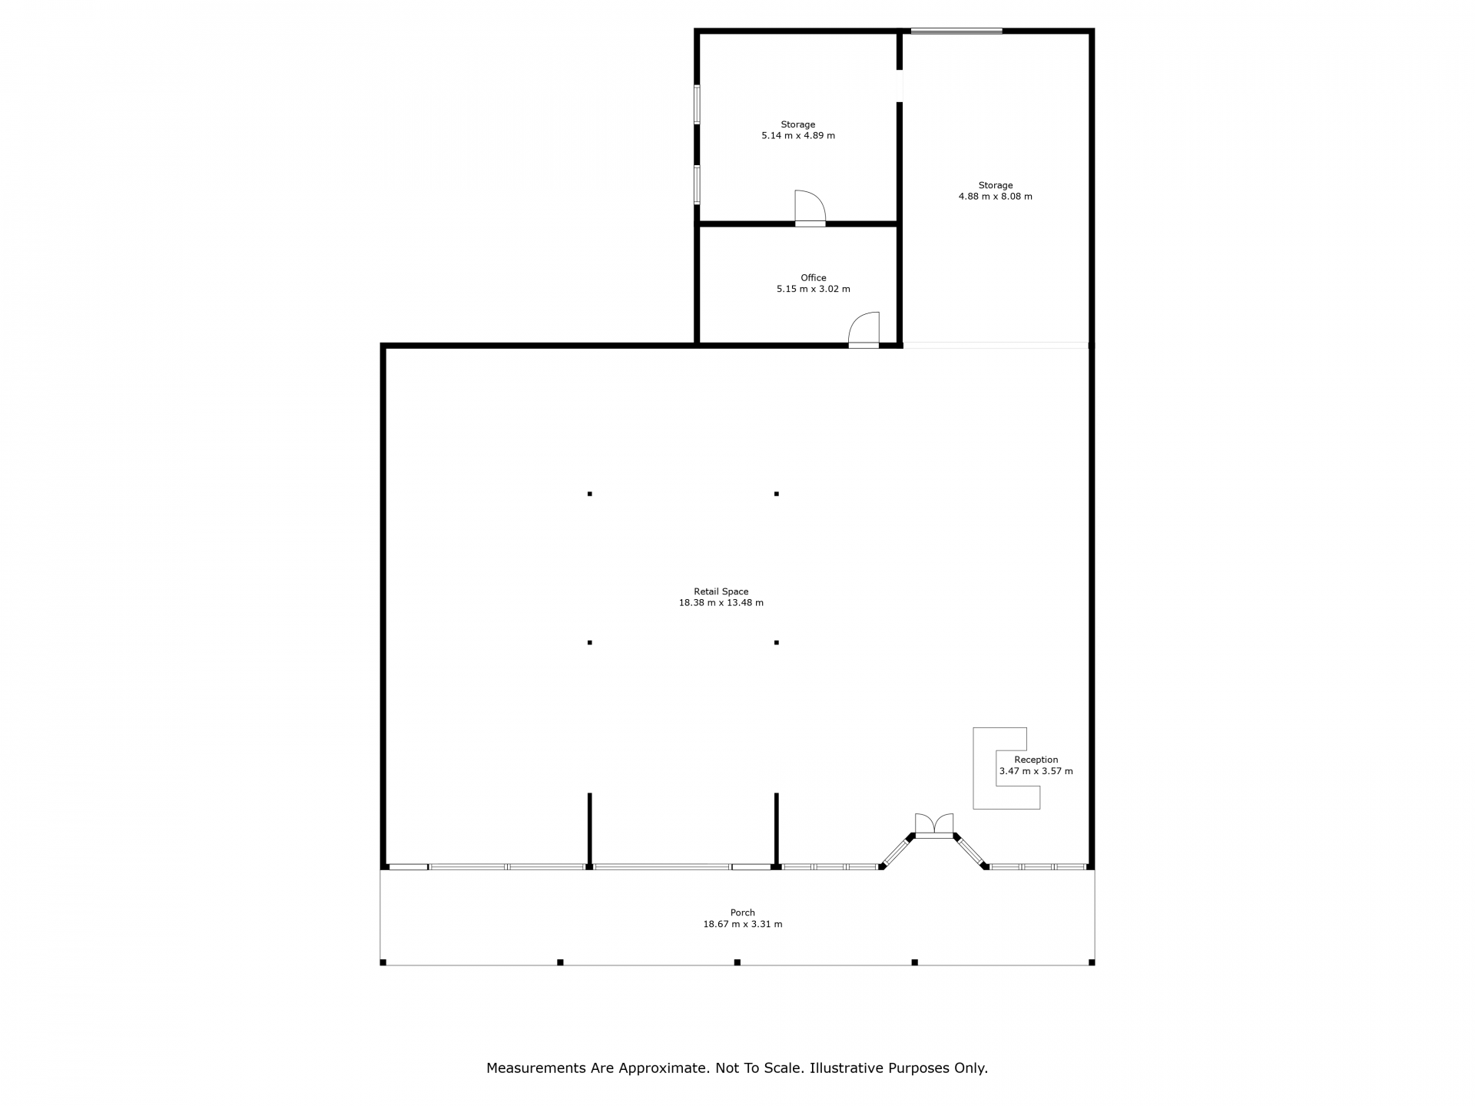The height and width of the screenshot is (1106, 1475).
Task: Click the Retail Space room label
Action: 721,591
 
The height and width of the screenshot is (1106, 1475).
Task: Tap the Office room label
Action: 814,278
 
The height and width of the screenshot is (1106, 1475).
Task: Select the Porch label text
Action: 743,912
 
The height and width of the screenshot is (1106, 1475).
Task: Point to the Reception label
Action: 1036,760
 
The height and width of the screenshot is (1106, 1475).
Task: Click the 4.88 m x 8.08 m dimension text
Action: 996,197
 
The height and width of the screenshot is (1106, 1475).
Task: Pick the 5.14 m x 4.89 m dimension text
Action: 798,136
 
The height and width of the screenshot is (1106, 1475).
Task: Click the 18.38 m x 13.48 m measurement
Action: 721,603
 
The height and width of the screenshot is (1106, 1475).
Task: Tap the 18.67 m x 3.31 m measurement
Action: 743,924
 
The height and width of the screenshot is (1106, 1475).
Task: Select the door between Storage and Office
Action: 810,207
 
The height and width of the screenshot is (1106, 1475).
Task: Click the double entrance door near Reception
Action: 934,826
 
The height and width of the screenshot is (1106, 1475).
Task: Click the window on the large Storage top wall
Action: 956,31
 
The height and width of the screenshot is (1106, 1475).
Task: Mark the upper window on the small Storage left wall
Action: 698,104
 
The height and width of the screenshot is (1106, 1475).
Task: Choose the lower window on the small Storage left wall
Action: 698,184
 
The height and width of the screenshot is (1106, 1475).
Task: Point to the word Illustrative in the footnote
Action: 847,1068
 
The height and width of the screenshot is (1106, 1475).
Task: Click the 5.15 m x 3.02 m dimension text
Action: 814,290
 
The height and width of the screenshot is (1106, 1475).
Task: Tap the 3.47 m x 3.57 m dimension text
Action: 1036,771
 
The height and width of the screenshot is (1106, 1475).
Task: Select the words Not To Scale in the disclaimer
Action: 760,1068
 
